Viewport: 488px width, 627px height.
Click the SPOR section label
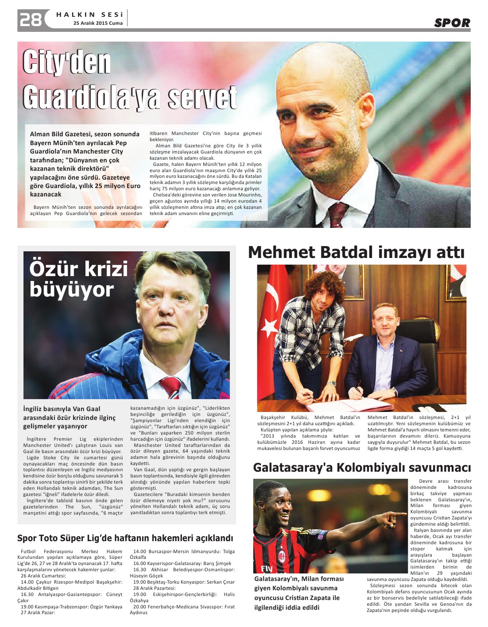[x=452, y=23]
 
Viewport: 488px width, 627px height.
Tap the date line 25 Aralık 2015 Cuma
[x=98, y=23]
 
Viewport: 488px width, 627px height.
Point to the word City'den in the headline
[x=66, y=62]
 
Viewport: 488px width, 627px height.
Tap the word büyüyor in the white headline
[x=72, y=290]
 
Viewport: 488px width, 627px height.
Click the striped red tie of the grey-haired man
[x=171, y=387]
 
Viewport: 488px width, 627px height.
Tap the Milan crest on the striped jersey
[x=282, y=554]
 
